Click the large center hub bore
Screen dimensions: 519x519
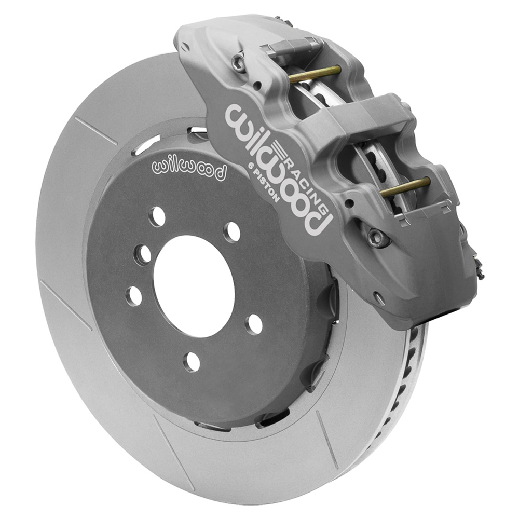(194, 287)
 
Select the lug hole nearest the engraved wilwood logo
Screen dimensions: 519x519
(157, 217)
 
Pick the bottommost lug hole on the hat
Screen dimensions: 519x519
(193, 361)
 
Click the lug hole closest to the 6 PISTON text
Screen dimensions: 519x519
(232, 233)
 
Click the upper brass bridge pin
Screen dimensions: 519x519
(315, 74)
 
